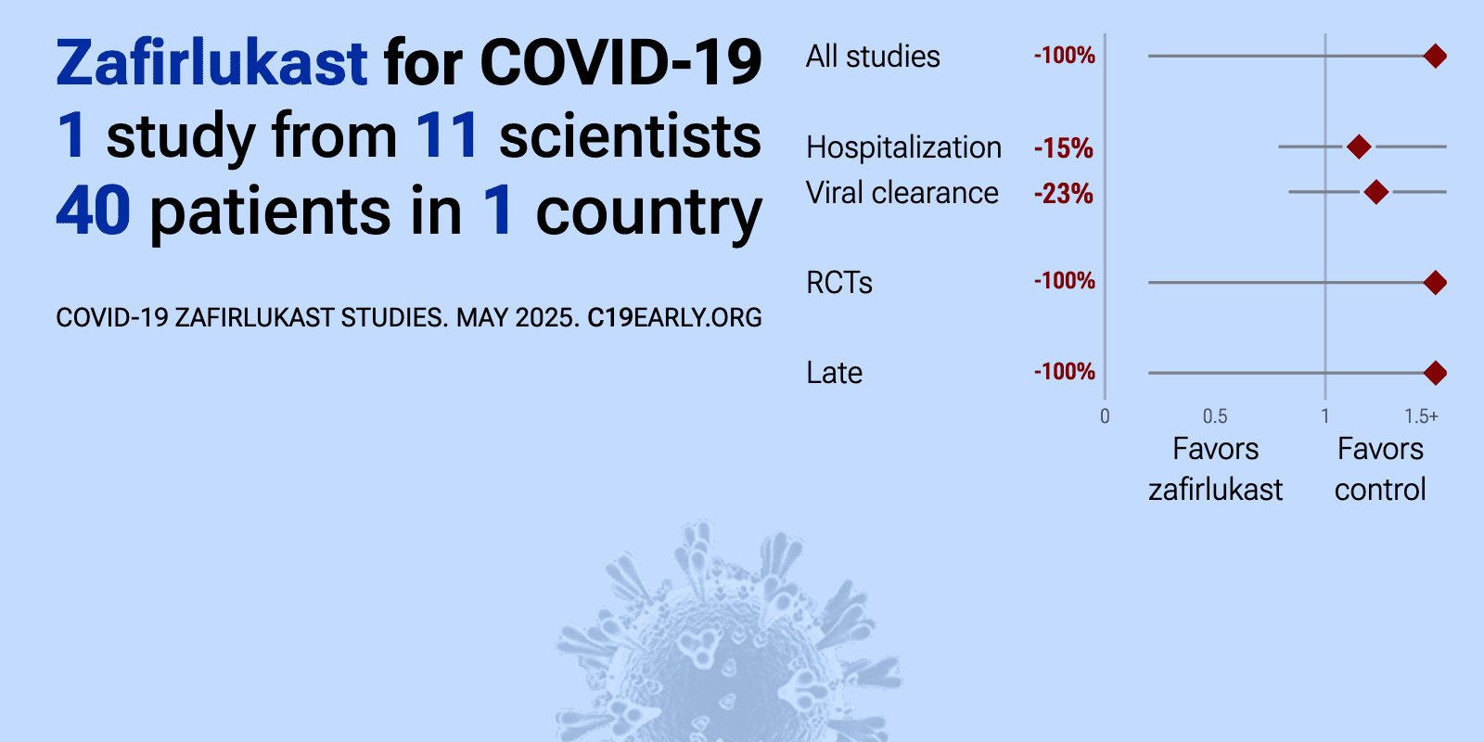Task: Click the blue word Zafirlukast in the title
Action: click(212, 63)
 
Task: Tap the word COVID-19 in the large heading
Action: click(620, 63)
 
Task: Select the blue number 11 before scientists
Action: click(447, 136)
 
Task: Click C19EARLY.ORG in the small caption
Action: click(674, 318)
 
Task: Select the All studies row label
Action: click(873, 57)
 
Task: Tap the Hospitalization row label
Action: click(903, 147)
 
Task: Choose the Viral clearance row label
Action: click(902, 193)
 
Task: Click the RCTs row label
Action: click(838, 283)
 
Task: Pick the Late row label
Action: click(834, 373)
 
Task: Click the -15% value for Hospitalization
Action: click(1063, 148)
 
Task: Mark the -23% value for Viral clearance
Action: click(1063, 194)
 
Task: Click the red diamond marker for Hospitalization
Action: click(1359, 147)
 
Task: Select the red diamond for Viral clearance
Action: click(1376, 192)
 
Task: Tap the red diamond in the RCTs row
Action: click(1435, 283)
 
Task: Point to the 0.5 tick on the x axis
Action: click(1215, 416)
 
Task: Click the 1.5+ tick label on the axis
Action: click(1421, 416)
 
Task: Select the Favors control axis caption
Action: click(1380, 469)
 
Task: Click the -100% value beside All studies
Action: click(1065, 56)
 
